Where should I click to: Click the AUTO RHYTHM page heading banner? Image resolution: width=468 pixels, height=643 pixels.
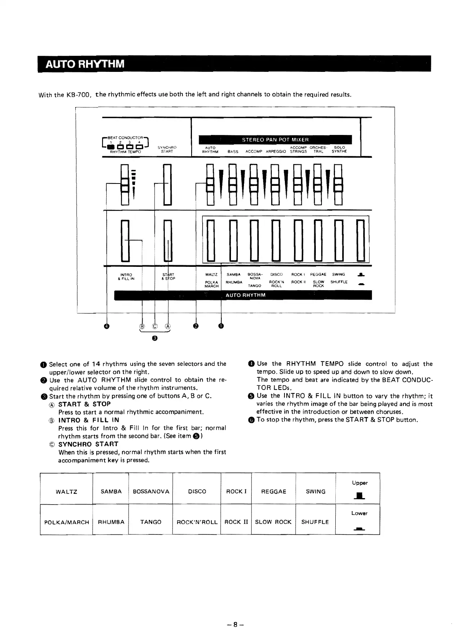[85, 64]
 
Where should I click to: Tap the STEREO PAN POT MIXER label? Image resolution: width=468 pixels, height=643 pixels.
[275, 140]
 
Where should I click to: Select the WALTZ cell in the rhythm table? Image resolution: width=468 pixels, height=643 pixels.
[67, 492]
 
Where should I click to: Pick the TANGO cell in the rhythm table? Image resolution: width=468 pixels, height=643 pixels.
[151, 522]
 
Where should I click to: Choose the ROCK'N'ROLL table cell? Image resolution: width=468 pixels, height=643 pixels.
[197, 522]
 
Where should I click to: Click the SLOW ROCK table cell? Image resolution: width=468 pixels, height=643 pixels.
[273, 522]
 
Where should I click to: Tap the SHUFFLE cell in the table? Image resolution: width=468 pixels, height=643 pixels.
[315, 522]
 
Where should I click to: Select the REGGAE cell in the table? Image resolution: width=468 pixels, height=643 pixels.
[273, 492]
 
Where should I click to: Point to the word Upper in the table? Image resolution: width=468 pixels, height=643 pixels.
[360, 483]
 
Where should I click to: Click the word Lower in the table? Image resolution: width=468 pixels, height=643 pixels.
[359, 513]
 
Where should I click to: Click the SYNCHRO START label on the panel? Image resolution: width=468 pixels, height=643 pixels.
[167, 149]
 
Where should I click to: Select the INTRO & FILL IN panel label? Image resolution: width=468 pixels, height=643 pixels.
[126, 276]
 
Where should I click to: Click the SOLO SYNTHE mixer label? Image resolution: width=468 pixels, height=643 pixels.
[339, 149]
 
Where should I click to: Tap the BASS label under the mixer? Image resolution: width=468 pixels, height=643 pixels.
[233, 152]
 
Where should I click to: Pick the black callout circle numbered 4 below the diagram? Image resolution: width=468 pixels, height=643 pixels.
[107, 326]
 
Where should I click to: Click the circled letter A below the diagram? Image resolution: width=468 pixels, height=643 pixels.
[168, 326]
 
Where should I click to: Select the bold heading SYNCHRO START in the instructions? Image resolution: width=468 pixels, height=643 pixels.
[88, 444]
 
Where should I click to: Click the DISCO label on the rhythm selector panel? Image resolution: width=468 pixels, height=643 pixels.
[276, 274]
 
